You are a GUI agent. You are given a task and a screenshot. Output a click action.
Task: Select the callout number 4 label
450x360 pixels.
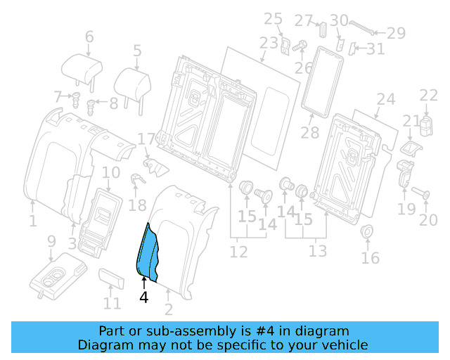coord(143,297)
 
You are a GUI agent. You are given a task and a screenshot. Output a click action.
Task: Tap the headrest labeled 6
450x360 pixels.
coord(82,67)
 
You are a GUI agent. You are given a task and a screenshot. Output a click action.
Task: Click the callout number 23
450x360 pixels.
coord(269,43)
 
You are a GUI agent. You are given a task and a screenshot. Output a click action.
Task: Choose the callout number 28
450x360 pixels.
coord(309,132)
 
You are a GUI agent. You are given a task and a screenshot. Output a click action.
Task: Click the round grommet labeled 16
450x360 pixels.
coord(366,232)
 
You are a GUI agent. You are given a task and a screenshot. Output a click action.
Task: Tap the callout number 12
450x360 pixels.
coord(239,251)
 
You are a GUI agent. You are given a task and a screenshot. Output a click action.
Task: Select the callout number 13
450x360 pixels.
coord(318,251)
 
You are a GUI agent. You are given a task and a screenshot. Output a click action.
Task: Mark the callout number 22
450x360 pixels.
coord(428,95)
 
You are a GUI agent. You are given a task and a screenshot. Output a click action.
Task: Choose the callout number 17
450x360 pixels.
coord(145,139)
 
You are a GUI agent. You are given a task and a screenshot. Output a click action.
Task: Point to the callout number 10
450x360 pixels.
coord(111,172)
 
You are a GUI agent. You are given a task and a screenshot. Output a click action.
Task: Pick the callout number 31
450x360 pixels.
coord(375,49)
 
